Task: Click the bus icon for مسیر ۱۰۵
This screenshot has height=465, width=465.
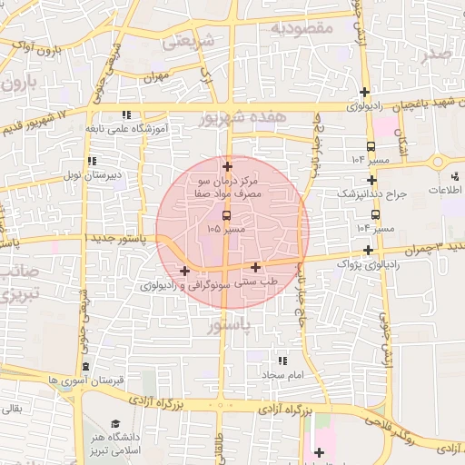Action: (x=226, y=216)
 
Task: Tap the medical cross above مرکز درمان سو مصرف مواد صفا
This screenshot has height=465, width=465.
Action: (x=226, y=166)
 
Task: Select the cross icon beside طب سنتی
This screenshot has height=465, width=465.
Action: (x=256, y=268)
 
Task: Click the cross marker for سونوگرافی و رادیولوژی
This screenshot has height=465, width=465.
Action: (x=184, y=271)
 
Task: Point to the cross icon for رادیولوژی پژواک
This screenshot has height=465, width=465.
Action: (x=368, y=250)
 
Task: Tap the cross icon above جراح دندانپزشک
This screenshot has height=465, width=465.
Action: (x=371, y=180)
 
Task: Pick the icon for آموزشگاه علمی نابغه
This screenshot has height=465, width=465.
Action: (x=126, y=115)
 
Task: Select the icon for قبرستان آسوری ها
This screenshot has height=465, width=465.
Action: (x=84, y=366)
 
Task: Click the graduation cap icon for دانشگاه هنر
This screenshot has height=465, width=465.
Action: (x=115, y=423)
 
